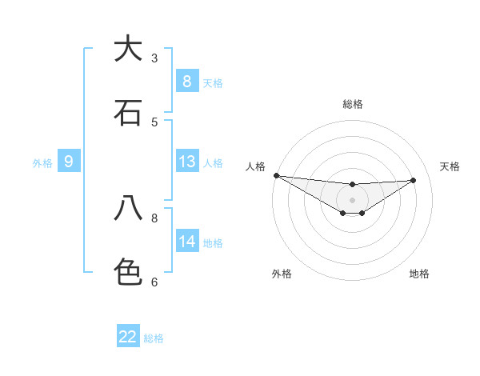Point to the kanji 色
pos(128,273)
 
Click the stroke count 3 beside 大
pos(154,58)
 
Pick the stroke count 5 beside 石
pos(154,122)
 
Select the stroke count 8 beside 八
pos(154,218)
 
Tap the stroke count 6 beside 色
pos(154,282)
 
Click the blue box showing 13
pos(187,162)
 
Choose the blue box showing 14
pos(187,242)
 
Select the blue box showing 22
pos(128,337)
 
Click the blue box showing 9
pos(69,162)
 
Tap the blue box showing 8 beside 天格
pos(187,82)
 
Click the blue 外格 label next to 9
pos(42,163)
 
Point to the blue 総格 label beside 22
pos(154,338)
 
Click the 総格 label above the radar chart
pos(353,104)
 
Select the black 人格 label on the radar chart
pos(255,166)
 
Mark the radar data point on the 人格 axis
pos(276,175)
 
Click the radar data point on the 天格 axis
pos(414,180)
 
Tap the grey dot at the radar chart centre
pos(353,200)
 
